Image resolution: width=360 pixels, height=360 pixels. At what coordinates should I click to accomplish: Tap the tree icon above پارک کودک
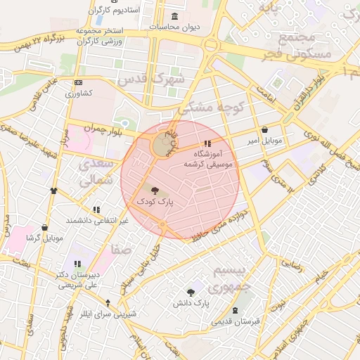click(155, 190)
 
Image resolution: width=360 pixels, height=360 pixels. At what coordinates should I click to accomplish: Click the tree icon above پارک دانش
click(191, 292)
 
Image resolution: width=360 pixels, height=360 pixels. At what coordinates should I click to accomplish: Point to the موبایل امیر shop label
click(264, 141)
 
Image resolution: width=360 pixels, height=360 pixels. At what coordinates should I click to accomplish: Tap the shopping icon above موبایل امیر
click(264, 129)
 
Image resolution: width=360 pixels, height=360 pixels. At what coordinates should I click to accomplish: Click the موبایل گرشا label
click(44, 238)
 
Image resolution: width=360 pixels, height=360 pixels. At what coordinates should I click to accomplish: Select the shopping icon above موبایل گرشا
click(45, 228)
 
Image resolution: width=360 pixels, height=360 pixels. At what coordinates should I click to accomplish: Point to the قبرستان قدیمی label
click(236, 321)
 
